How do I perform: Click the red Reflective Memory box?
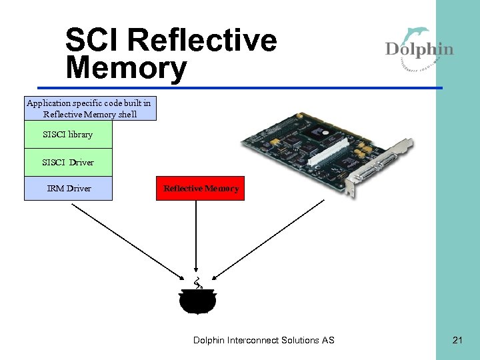201,189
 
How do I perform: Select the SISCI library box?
68,135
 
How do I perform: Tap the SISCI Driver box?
68,162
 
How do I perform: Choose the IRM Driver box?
68,189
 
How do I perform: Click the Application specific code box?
90,109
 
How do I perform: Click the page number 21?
457,341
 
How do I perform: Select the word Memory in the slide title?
126,68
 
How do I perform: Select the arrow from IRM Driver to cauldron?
127,241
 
